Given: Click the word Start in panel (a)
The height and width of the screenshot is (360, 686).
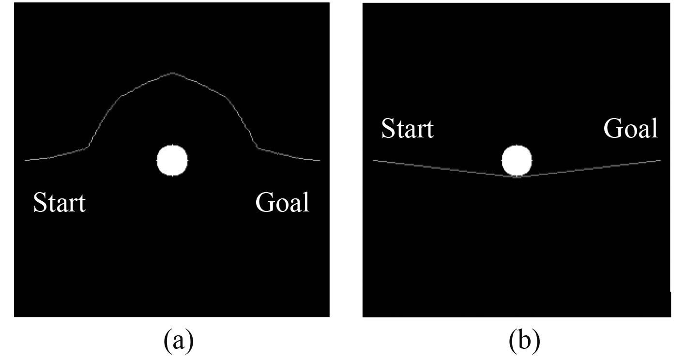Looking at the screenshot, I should click(x=60, y=203).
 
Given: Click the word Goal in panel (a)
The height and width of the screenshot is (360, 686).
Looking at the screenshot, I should click(x=282, y=203).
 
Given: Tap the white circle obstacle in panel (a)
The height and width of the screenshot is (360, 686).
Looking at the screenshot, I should click(x=172, y=160).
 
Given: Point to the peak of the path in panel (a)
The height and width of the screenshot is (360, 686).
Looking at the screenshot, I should click(x=172, y=73).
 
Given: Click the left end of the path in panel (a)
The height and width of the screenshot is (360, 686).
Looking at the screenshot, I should click(x=26, y=160).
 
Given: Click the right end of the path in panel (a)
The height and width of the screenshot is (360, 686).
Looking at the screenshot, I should click(x=319, y=160).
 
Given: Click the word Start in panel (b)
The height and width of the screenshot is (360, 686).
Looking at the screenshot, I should click(x=408, y=129).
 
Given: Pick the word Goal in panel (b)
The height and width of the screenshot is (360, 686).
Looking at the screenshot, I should click(x=631, y=129).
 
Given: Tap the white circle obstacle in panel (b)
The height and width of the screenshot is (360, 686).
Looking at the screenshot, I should click(x=517, y=160).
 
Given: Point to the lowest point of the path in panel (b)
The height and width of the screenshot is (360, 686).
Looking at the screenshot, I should click(x=517, y=177).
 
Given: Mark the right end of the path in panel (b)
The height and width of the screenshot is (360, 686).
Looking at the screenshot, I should click(x=660, y=160).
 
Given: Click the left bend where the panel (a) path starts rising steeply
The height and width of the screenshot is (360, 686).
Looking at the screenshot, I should click(x=88, y=147).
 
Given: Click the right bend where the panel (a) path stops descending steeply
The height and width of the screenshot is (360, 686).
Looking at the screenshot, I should click(x=257, y=147).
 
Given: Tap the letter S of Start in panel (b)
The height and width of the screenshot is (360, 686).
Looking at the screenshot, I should click(x=388, y=129).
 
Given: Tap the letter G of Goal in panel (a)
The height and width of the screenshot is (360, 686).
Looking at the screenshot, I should click(x=264, y=203).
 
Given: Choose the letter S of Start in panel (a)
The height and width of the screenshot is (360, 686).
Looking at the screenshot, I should click(x=39, y=203).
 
